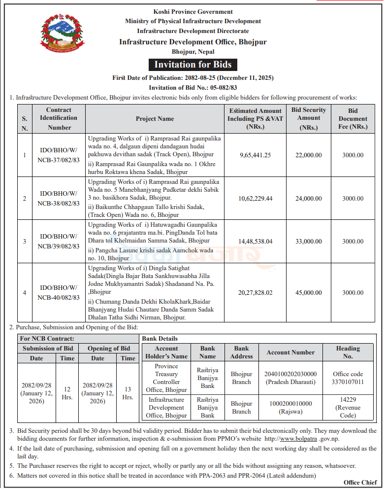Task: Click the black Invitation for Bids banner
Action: coord(193,65)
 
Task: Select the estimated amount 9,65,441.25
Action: coord(255,155)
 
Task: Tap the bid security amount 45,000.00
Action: coord(309,292)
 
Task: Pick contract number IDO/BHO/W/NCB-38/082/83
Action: coord(59,199)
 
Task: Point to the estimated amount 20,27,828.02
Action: coord(255,292)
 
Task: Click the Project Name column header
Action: coord(155,119)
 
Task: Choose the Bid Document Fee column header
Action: coord(353,119)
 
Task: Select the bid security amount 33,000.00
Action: coord(309,242)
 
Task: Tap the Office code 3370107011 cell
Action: coord(348,378)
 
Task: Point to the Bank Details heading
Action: coord(160,339)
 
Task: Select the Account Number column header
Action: coord(290,352)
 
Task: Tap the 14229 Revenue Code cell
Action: coord(348,408)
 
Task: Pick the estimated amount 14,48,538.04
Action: coord(255,242)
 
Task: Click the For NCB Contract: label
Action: coord(47,339)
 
